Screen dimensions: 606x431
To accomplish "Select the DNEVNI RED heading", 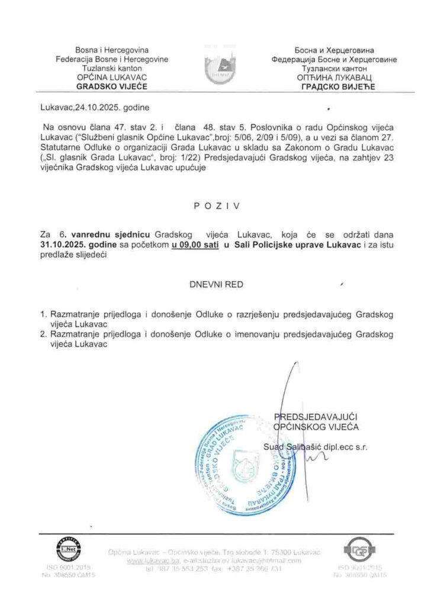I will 215,285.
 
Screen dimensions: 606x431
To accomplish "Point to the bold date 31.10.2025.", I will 63,244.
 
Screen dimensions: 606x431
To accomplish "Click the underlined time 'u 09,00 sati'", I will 194,244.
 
